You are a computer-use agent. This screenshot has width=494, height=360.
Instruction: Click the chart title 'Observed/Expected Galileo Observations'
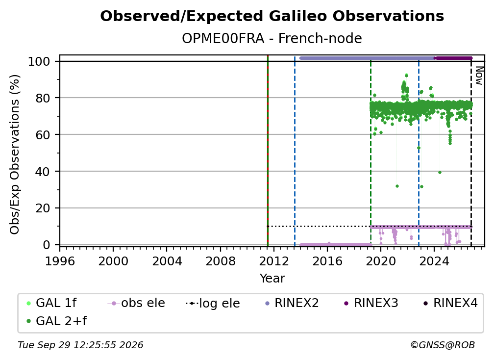(272, 16)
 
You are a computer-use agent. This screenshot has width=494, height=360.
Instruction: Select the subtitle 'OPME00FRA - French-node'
(272, 38)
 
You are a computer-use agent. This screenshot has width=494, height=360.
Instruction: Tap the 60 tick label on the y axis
(43, 134)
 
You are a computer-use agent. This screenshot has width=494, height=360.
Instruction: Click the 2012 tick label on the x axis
(274, 261)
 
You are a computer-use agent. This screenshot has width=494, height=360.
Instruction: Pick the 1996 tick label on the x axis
(60, 261)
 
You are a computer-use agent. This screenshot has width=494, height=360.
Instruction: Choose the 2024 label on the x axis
(434, 261)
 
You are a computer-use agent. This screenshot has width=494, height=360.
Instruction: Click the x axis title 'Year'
(272, 279)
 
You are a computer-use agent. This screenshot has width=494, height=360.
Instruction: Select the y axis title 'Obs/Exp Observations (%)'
(15, 154)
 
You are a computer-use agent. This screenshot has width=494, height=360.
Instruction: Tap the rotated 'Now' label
(479, 76)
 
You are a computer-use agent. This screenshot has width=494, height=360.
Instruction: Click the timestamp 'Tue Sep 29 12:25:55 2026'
(80, 345)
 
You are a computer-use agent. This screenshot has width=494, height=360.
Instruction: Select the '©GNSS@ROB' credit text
(443, 345)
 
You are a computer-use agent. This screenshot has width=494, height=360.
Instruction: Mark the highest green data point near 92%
(406, 75)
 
